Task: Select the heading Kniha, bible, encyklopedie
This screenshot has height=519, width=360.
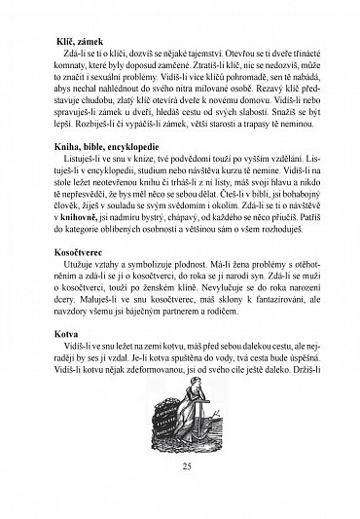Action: click(x=102, y=170)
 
